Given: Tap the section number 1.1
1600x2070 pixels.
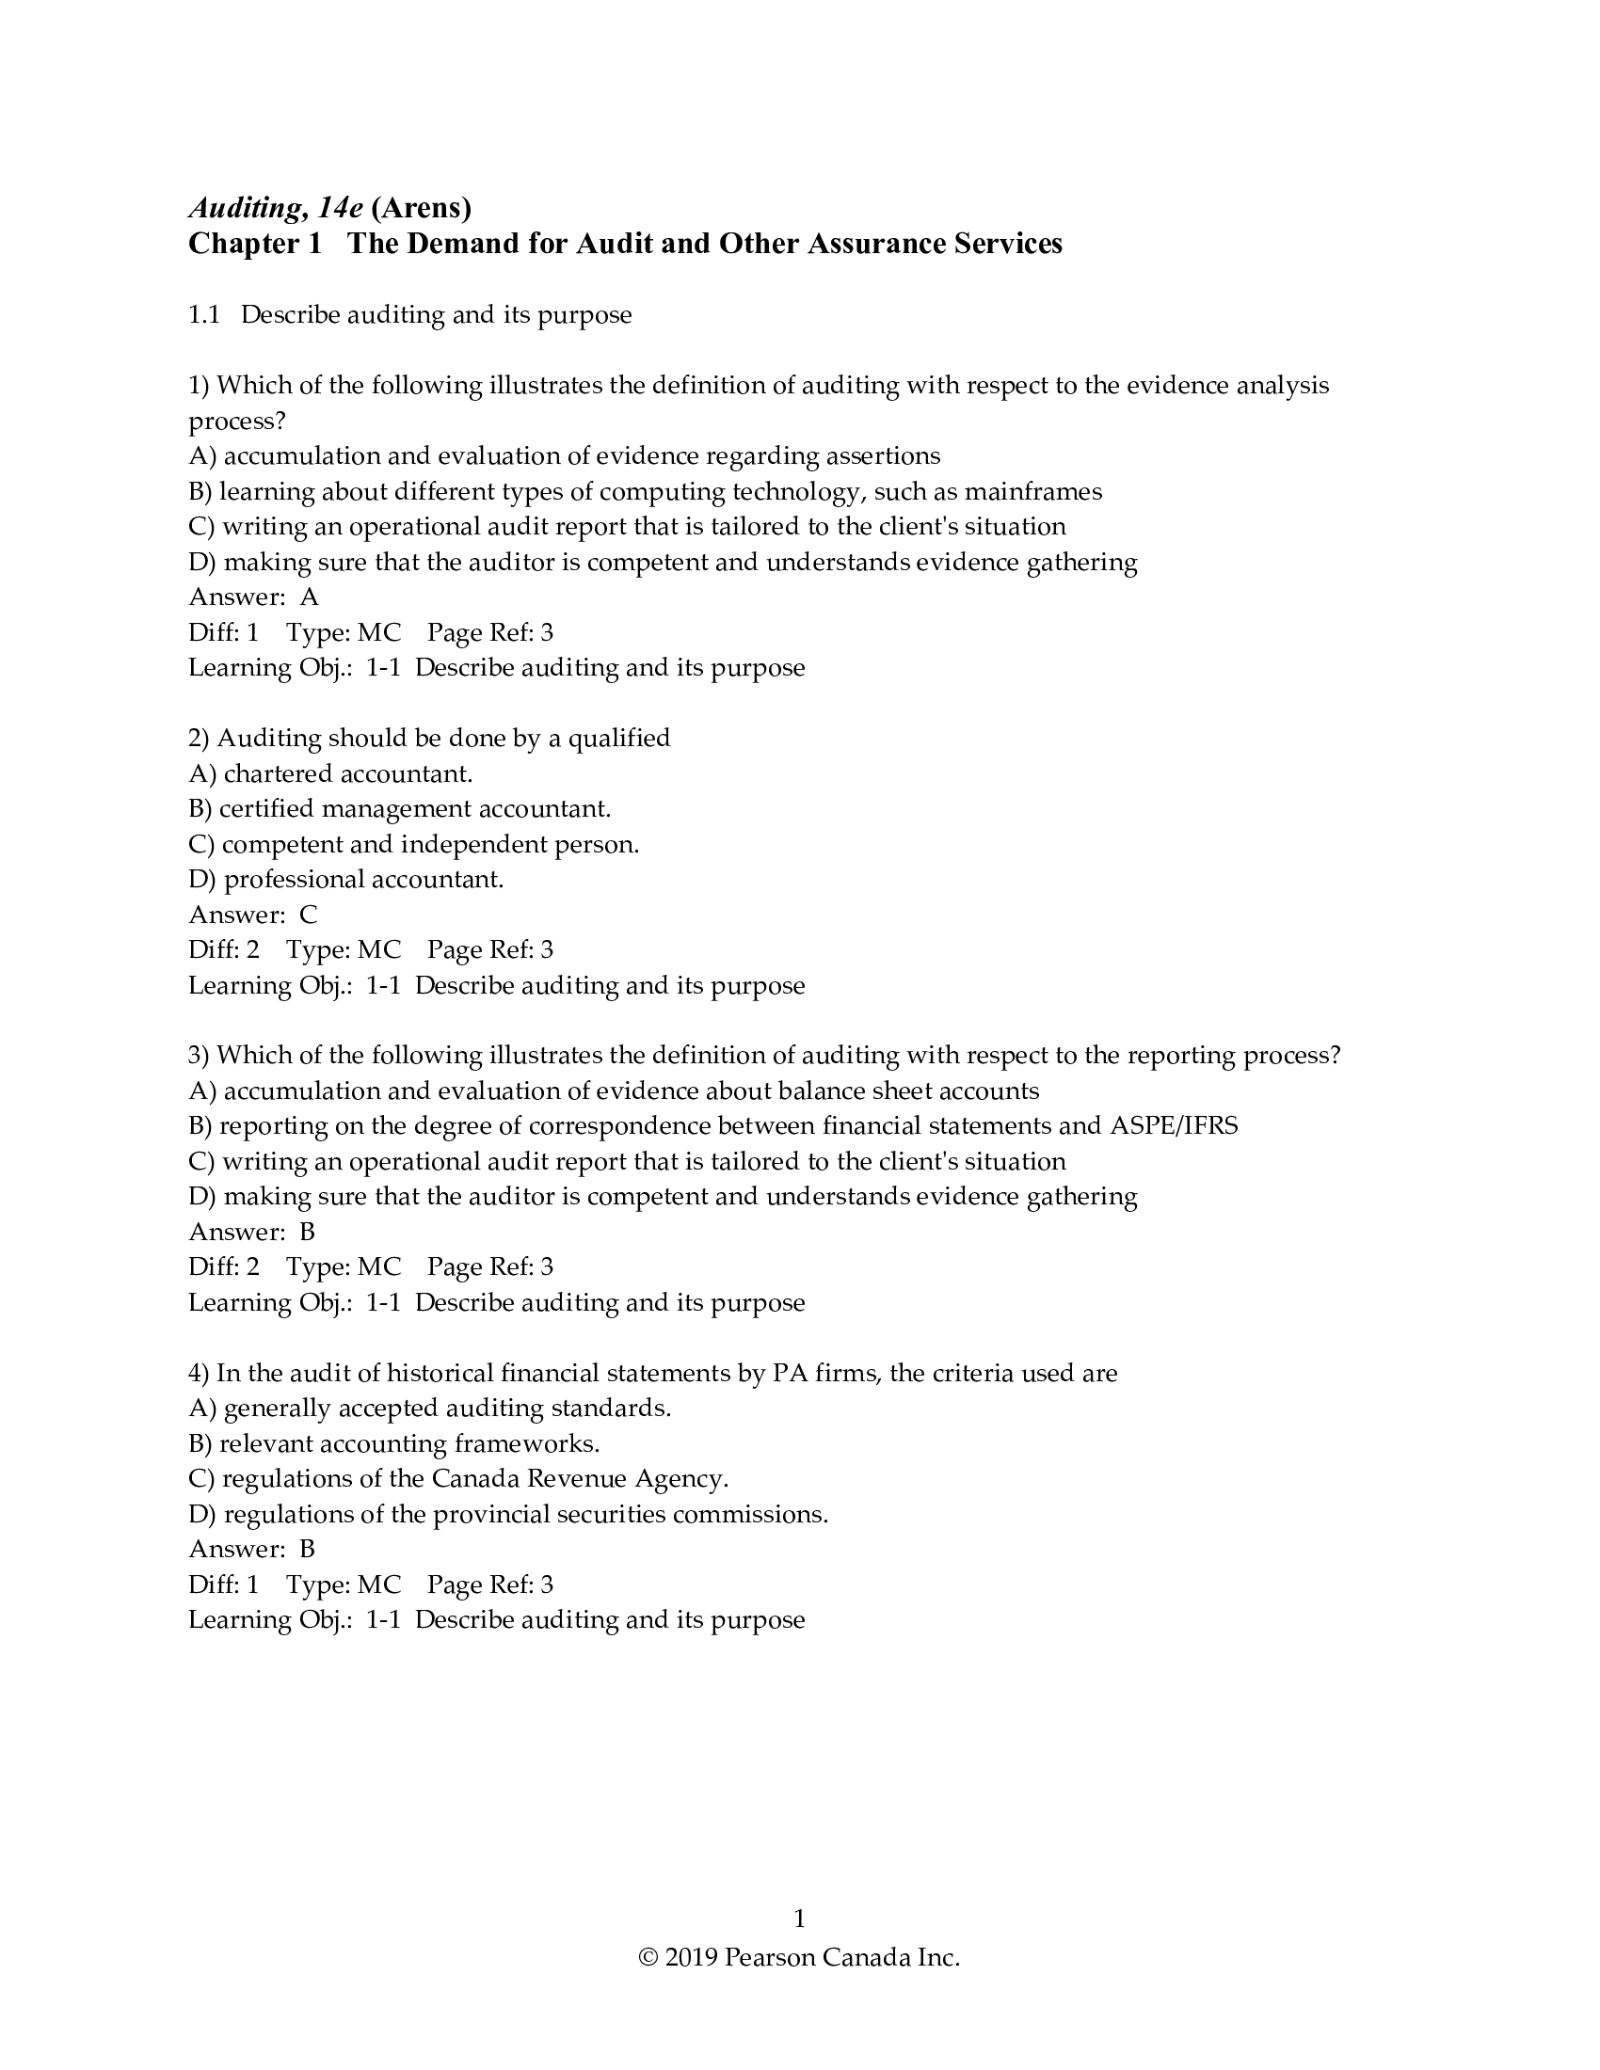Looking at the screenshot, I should pos(204,314).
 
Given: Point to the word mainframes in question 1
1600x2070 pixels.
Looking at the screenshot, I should pos(1033,492).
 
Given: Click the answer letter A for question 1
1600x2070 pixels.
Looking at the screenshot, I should pos(309,597).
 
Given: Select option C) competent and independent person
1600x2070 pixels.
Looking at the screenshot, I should pos(414,845).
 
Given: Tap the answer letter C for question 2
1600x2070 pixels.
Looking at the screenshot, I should pos(309,915).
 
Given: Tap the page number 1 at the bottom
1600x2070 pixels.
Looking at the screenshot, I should pos(799,1919).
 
